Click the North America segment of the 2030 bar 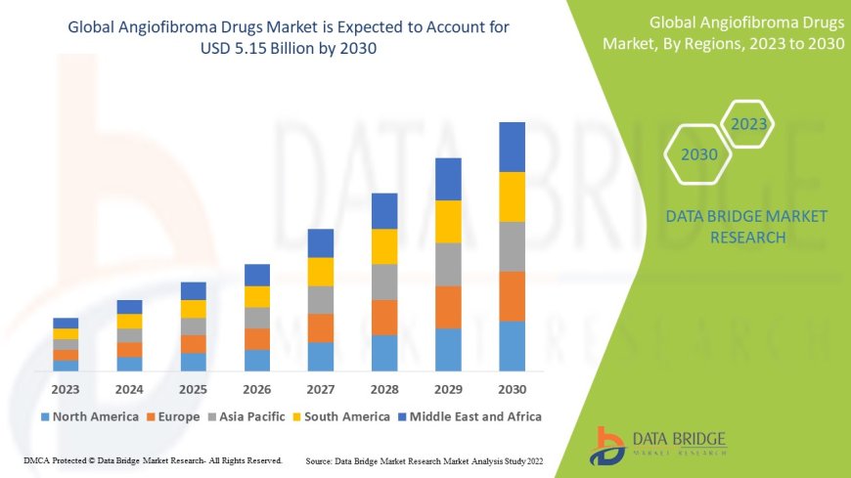[x=512, y=346]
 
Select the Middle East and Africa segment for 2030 [x=512, y=147]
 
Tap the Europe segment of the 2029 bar [x=448, y=307]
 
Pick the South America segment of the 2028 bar [x=384, y=246]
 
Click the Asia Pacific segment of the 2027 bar [x=321, y=299]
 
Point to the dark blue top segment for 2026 [x=257, y=275]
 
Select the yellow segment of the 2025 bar [x=194, y=309]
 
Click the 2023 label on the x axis [x=66, y=388]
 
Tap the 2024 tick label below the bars [x=129, y=388]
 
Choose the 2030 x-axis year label [x=512, y=388]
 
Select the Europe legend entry [x=175, y=416]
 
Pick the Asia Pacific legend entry [x=249, y=416]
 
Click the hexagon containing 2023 [x=749, y=125]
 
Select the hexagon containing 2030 [x=699, y=154]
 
